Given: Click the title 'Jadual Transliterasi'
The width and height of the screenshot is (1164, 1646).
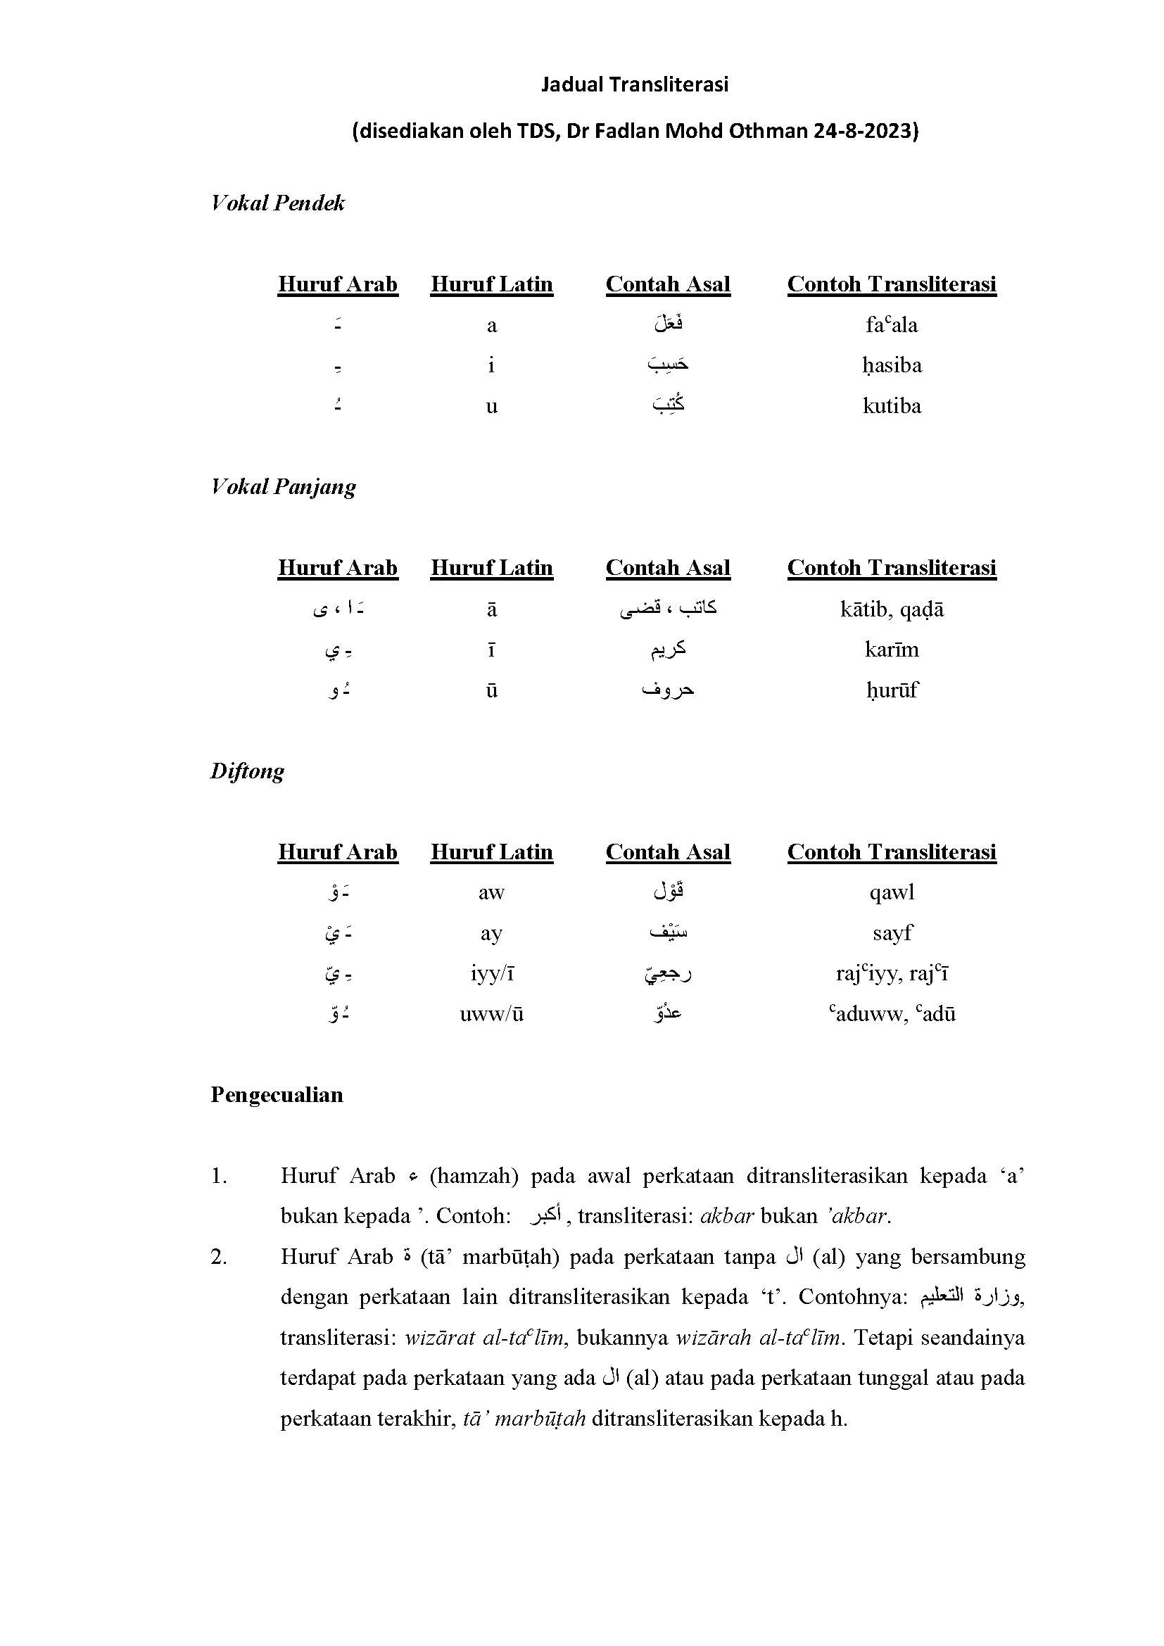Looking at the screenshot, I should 634,84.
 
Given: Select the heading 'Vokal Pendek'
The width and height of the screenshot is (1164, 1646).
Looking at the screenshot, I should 277,203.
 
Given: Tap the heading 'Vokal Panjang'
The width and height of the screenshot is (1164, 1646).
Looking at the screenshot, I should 283,487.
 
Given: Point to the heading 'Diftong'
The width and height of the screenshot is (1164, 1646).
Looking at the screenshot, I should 247,771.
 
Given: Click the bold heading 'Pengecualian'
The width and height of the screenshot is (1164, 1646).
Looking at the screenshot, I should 277,1095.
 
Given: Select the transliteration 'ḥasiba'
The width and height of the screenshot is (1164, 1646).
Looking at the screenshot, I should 892,366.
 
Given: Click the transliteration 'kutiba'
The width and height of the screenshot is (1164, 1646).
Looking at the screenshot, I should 892,406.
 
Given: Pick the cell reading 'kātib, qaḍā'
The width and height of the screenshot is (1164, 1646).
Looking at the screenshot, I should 892,609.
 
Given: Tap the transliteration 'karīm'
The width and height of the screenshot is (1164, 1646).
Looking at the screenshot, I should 892,650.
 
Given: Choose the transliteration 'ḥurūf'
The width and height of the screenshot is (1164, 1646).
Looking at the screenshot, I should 892,690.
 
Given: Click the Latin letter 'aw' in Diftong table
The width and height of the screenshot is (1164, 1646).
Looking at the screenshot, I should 491,892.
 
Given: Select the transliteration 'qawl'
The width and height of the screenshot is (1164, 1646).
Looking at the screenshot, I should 892,892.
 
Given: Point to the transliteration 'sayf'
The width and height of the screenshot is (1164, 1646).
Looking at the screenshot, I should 892,932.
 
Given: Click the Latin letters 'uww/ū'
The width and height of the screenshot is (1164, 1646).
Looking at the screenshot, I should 491,1013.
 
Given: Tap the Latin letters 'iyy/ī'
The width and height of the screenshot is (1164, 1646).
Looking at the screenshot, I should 491,973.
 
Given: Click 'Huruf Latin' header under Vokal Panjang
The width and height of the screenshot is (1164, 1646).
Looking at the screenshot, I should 492,568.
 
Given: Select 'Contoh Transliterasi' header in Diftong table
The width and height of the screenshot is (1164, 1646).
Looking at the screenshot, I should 892,852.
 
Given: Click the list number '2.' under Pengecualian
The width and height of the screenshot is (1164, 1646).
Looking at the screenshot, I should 219,1257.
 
